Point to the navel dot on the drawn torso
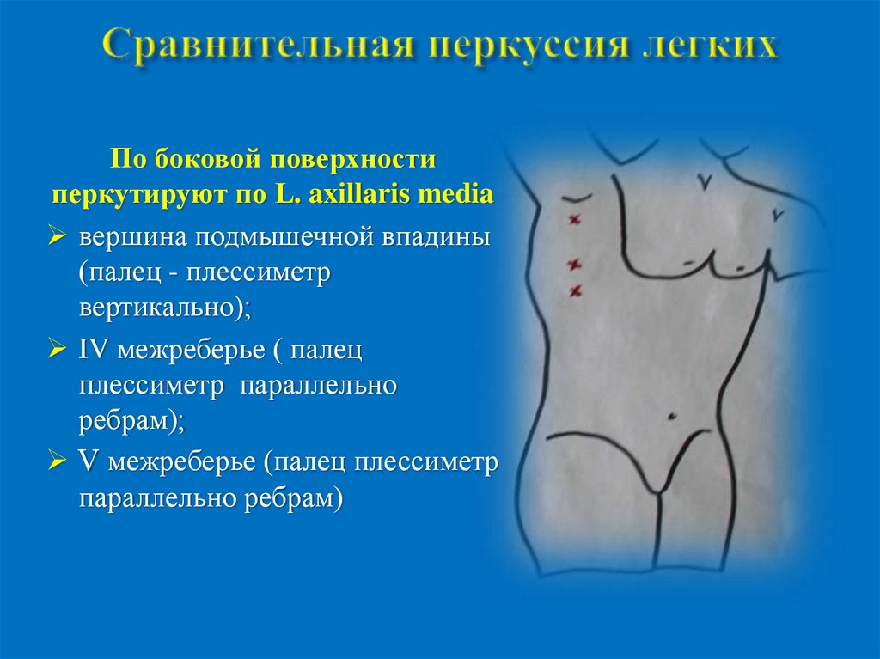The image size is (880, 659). [670, 417]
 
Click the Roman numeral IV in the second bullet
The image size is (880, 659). [95, 351]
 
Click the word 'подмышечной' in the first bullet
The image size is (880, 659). [280, 237]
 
